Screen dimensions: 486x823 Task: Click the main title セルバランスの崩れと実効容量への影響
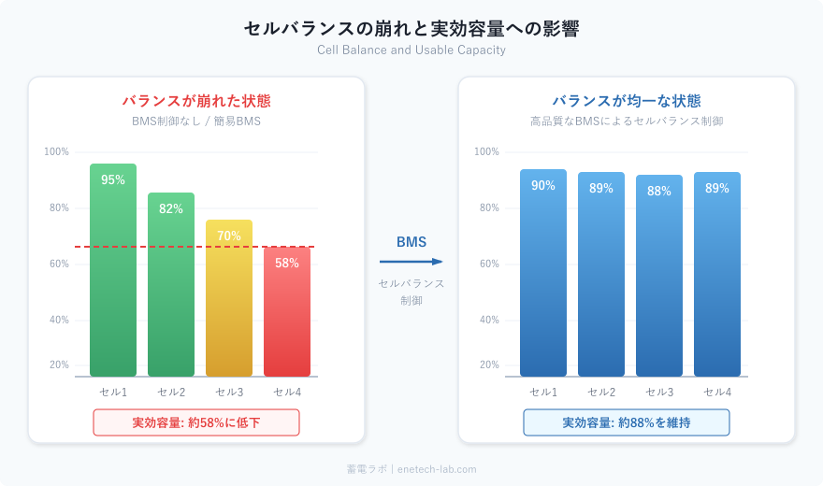pyautogui.click(x=411, y=29)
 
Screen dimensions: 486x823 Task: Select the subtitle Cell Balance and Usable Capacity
pyautogui.click(x=411, y=50)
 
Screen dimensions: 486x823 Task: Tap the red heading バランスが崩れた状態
pyautogui.click(x=196, y=101)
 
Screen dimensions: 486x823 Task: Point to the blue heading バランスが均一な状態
pyautogui.click(x=627, y=101)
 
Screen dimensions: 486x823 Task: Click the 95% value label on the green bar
pyautogui.click(x=113, y=180)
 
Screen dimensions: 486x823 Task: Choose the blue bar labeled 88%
pyautogui.click(x=659, y=280)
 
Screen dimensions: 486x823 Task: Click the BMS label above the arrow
pyautogui.click(x=411, y=242)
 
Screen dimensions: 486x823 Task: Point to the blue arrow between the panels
pyautogui.click(x=411, y=263)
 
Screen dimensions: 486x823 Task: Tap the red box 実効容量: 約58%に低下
pyautogui.click(x=196, y=422)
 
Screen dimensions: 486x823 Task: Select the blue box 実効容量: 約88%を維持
pyautogui.click(x=627, y=422)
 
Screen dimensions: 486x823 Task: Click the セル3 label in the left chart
pyautogui.click(x=229, y=392)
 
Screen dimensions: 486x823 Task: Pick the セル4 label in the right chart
pyautogui.click(x=717, y=392)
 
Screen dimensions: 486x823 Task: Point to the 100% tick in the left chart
pyautogui.click(x=57, y=152)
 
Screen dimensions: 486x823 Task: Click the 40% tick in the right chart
pyautogui.click(x=489, y=321)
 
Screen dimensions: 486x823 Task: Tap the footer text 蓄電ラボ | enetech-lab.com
pyautogui.click(x=411, y=469)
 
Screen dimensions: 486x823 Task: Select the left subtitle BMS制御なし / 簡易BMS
pyautogui.click(x=196, y=121)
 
